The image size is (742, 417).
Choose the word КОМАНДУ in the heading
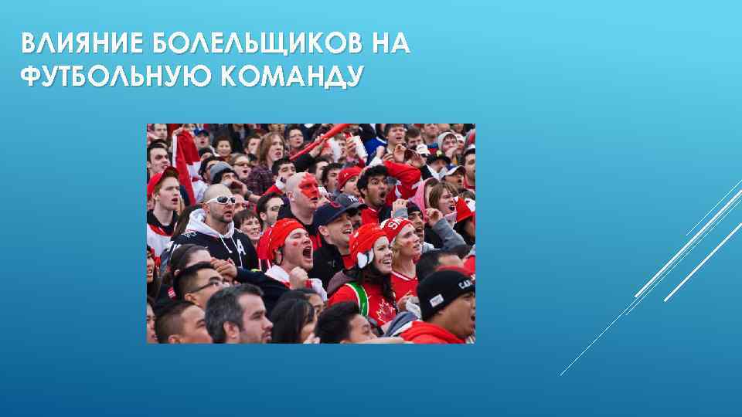click(x=285, y=76)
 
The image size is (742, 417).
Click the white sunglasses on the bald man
click(x=221, y=199)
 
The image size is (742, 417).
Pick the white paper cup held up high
click(x=359, y=146)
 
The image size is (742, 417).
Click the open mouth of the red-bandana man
click(x=306, y=253)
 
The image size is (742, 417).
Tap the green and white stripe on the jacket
click(x=357, y=298)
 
